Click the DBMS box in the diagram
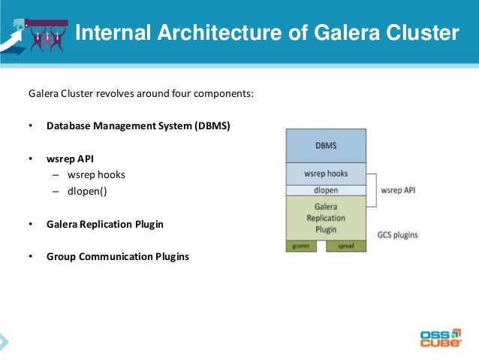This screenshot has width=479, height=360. (326, 145)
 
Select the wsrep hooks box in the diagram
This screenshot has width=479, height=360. (326, 174)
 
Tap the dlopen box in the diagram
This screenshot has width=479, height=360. (326, 190)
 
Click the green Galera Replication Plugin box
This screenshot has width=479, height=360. (326, 218)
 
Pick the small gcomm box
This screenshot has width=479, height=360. (301, 246)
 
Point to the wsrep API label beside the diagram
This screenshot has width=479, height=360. (398, 190)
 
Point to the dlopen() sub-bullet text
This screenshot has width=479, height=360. (87, 191)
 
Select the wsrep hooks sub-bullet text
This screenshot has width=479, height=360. (96, 175)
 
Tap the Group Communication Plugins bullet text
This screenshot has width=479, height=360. (118, 256)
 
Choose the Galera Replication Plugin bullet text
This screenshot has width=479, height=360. (105, 224)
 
